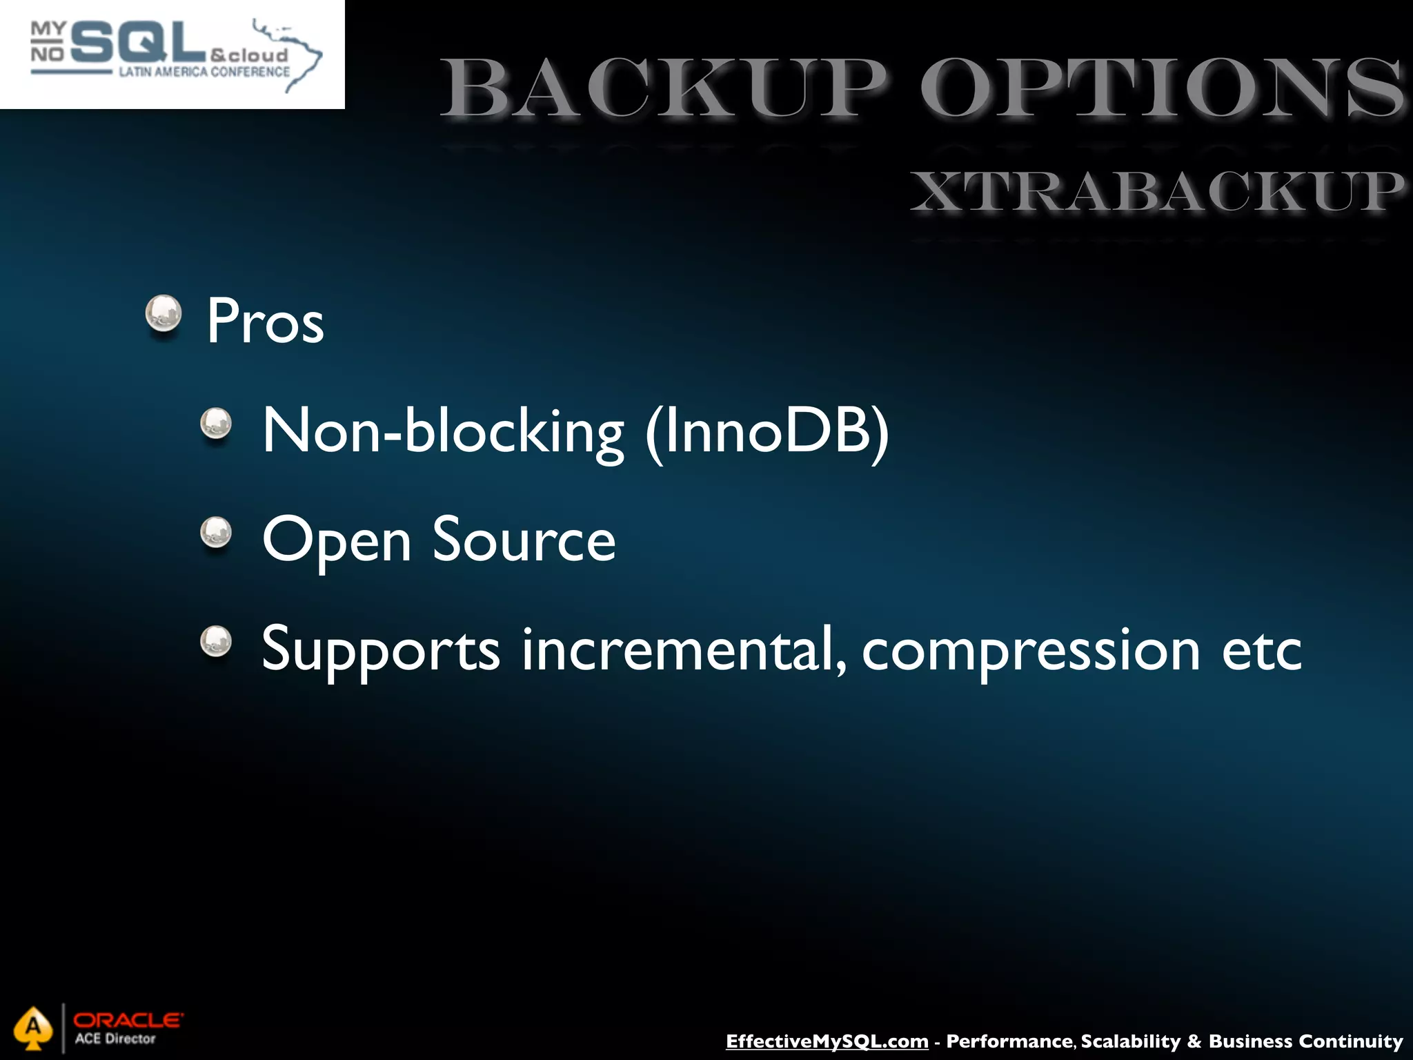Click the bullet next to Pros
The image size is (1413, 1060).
(x=164, y=314)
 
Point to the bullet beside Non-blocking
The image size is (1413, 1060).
(x=216, y=423)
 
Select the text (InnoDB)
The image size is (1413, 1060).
(x=767, y=431)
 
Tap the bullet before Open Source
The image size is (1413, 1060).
(x=216, y=532)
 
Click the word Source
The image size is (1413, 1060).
(x=524, y=540)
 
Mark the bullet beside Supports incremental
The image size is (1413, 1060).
(x=216, y=641)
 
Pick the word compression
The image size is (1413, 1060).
(x=1031, y=651)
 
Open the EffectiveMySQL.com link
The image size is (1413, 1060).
(x=827, y=1041)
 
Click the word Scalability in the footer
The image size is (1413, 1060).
(x=1131, y=1041)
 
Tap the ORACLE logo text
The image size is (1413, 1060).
(x=128, y=1019)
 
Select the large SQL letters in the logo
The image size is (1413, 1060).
(x=138, y=43)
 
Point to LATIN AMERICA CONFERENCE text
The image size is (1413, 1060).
(x=204, y=72)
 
